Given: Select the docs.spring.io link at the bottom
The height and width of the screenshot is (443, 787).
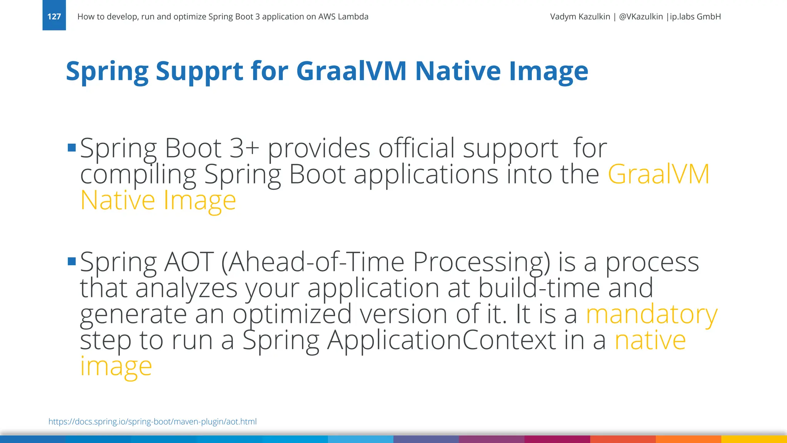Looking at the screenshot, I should click(x=153, y=421).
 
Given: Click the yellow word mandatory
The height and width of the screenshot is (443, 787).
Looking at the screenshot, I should click(x=651, y=314).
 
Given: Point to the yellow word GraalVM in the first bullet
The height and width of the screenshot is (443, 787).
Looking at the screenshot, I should click(x=658, y=174).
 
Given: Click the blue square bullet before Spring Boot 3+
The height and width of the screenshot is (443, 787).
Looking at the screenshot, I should click(x=71, y=148).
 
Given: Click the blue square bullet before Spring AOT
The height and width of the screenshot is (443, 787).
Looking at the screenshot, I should click(x=71, y=261).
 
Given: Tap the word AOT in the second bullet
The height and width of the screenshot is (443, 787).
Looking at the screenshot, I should click(x=189, y=262).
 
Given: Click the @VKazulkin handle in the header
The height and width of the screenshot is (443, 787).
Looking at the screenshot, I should click(x=641, y=17).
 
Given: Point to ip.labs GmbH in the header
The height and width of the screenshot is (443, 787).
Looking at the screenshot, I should click(x=695, y=17).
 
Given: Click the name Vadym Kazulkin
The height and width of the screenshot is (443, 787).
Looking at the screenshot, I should click(x=580, y=17).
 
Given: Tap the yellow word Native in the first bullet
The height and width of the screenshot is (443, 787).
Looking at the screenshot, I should click(x=118, y=200).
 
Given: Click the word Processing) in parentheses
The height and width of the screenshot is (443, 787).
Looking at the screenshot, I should click(x=481, y=262).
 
